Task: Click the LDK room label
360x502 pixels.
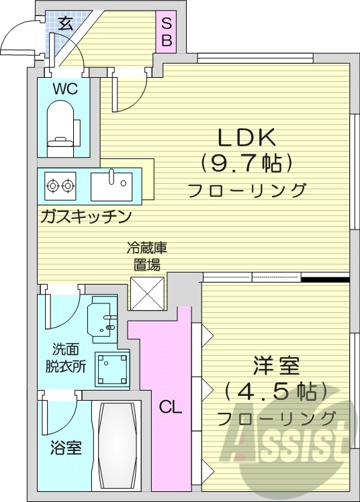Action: (x=245, y=137)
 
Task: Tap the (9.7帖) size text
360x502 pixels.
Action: (x=246, y=163)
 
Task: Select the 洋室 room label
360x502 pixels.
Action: (x=276, y=367)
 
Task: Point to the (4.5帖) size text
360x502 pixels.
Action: (x=277, y=391)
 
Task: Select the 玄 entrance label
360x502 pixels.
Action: (x=65, y=24)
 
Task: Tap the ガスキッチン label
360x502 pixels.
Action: (x=85, y=216)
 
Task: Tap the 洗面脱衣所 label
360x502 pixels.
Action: (x=70, y=358)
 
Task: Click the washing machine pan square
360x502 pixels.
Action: (x=112, y=369)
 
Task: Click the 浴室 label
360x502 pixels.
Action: (x=66, y=448)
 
